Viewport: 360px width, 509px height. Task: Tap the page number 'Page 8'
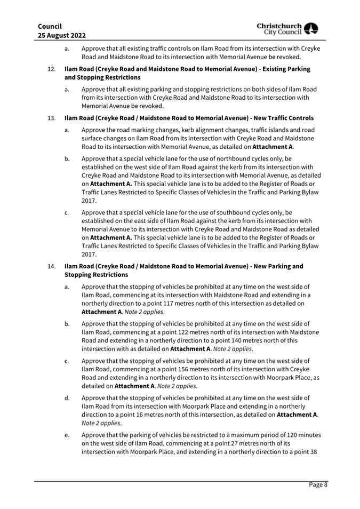click(319, 485)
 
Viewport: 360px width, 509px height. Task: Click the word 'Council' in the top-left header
click(50, 26)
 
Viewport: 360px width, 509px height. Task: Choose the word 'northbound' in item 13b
click(241, 158)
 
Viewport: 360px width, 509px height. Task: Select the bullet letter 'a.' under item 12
click(67, 90)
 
